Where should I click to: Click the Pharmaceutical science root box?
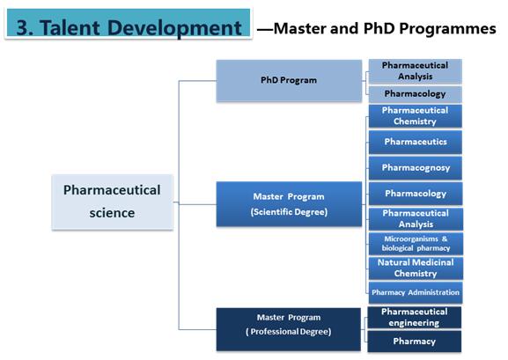tap(112, 202)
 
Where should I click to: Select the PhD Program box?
tap(289, 81)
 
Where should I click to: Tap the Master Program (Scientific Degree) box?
tap(289, 204)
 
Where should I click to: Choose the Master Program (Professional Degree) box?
tap(289, 329)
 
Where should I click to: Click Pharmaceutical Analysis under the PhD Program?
tap(415, 71)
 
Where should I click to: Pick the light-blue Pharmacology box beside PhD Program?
tap(415, 94)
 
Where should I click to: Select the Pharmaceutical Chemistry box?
tap(415, 116)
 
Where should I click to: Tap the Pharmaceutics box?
tap(416, 142)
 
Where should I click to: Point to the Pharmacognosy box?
tap(416, 168)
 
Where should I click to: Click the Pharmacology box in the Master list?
tap(416, 194)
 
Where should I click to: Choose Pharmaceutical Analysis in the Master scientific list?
tap(416, 218)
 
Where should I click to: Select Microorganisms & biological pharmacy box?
tap(416, 243)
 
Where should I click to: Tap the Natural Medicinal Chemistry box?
tap(416, 268)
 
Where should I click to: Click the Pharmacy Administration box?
tap(416, 292)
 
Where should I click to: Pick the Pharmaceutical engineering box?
tap(415, 318)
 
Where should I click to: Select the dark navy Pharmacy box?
tap(415, 342)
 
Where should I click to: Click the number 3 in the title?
tap(23, 28)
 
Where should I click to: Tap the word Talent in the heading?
tap(70, 28)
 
